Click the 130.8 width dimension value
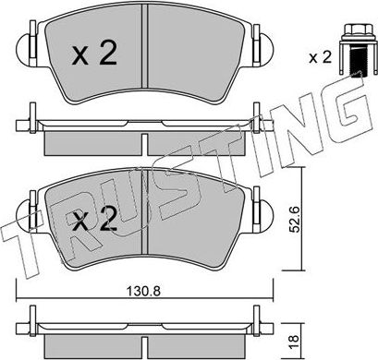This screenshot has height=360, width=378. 144,291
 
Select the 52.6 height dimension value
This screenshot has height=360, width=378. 294,220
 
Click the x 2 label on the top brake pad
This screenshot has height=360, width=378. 94,54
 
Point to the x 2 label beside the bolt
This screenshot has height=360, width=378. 320,57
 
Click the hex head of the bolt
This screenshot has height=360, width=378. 358,30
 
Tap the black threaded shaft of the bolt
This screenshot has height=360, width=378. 357,63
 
